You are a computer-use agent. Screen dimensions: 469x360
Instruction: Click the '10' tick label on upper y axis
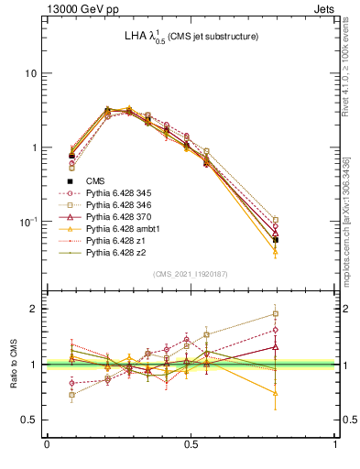click(x=29, y=73)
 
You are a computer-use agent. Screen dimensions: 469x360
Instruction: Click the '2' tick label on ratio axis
click(x=34, y=309)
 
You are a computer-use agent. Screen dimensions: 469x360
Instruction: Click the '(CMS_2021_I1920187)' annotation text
click(x=191, y=273)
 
